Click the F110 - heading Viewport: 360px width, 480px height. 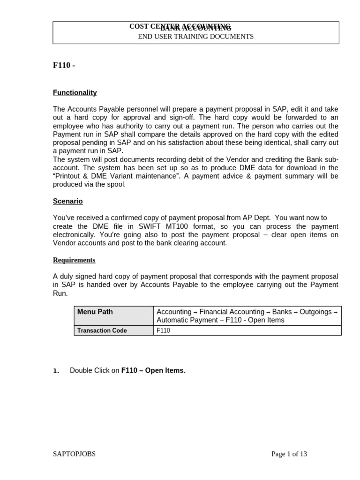click(x=64, y=66)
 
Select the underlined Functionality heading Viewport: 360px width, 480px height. click(x=75, y=93)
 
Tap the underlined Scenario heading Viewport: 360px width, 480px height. click(x=67, y=201)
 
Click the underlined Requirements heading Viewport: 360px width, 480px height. click(x=74, y=260)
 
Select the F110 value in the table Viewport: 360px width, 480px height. click(x=164, y=330)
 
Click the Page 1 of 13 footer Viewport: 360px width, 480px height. click(x=289, y=454)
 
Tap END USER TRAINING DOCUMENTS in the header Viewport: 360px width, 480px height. click(x=195, y=37)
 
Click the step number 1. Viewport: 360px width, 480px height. click(x=56, y=371)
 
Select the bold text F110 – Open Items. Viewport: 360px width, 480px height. click(x=153, y=370)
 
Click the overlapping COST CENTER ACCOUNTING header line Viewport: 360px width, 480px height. click(x=180, y=27)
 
